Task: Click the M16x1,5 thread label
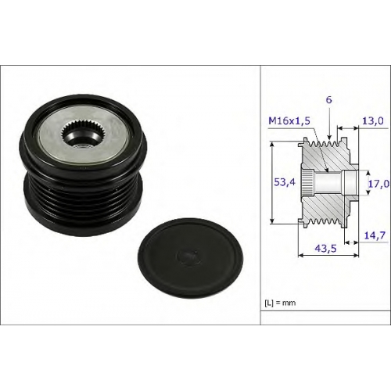289,121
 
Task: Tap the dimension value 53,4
285,182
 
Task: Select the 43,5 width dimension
325,248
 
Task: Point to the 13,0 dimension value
373,120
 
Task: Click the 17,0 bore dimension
378,184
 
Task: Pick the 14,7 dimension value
375,235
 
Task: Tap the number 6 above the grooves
329,99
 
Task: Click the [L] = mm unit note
280,303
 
